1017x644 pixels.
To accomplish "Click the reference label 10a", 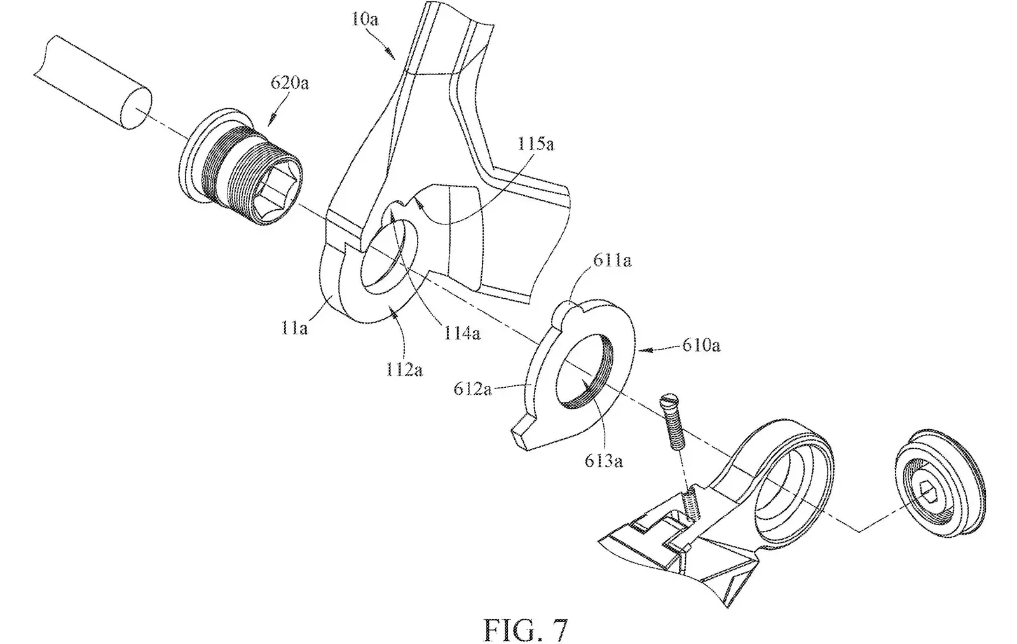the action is [365, 20].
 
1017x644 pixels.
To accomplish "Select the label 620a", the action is [290, 83].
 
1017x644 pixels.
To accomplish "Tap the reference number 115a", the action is [536, 144].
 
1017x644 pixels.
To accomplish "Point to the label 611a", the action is [612, 261].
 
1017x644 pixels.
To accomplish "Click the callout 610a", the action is [701, 346].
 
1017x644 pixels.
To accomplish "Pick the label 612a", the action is [473, 389].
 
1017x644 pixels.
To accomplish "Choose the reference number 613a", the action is [604, 461].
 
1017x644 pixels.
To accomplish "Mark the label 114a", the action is [461, 333].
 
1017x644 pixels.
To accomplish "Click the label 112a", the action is [404, 369].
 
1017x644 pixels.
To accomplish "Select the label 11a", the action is [294, 327].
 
